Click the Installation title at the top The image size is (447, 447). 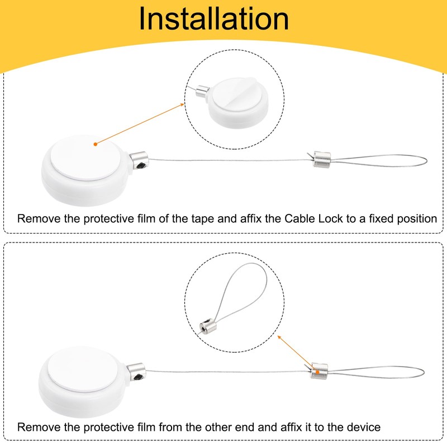214,19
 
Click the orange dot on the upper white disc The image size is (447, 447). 96,144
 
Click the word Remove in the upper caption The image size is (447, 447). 36,218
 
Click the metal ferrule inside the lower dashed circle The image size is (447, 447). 207,325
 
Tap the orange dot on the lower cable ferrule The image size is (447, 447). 317,372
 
